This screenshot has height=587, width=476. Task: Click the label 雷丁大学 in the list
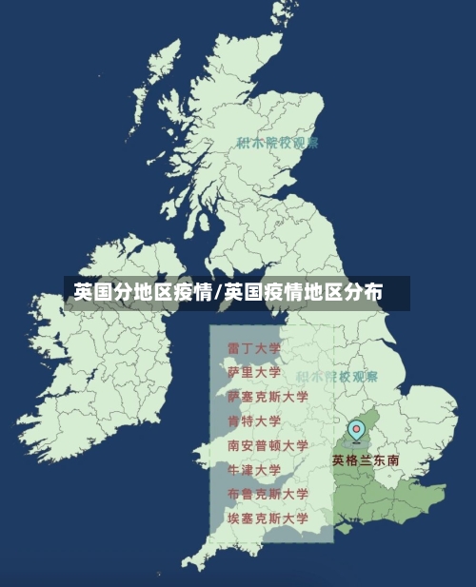(x=254, y=348)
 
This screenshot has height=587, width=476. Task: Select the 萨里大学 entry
(x=254, y=372)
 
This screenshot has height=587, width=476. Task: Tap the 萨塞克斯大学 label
(x=268, y=397)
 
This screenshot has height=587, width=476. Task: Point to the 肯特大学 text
(x=254, y=421)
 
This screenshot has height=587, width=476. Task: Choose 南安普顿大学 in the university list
(x=268, y=445)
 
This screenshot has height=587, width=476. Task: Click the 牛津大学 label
(x=254, y=470)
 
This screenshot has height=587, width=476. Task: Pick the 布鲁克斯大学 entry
(x=268, y=494)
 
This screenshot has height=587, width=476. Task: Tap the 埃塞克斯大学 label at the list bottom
(x=268, y=519)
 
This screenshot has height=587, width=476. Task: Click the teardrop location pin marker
(x=356, y=431)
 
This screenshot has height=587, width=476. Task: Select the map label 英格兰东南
(x=366, y=460)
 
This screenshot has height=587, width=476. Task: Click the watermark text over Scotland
(x=277, y=143)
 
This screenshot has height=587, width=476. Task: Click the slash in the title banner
(x=218, y=292)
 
